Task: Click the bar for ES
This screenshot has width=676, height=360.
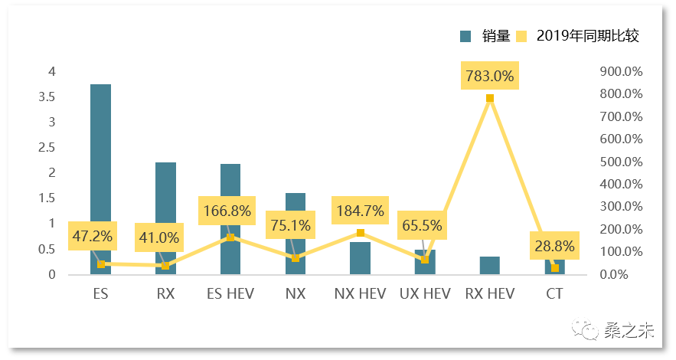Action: tap(100, 153)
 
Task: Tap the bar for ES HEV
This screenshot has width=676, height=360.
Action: tap(230, 184)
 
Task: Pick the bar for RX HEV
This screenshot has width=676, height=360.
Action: tap(490, 266)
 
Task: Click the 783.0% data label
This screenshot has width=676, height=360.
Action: tap(490, 77)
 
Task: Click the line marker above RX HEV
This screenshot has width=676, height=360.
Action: tap(490, 98)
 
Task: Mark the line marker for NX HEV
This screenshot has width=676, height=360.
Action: tap(361, 233)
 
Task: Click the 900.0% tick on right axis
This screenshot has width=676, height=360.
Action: tap(621, 72)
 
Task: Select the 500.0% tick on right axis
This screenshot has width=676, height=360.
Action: tap(621, 162)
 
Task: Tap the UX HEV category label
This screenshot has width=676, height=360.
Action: tap(425, 293)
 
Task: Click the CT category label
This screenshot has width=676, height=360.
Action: tap(555, 293)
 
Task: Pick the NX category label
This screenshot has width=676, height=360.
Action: tap(296, 293)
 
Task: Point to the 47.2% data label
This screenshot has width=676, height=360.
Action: tap(93, 237)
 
